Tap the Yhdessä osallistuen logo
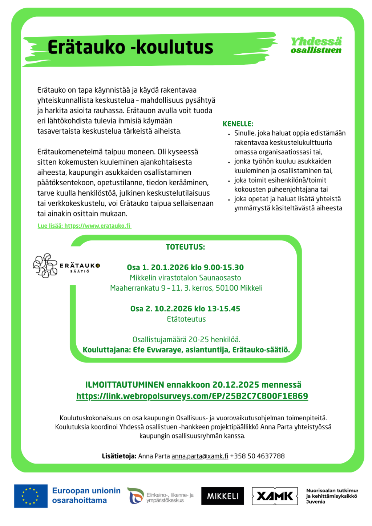coord(316,45)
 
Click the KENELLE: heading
coord(238,124)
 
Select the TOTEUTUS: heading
coord(185,247)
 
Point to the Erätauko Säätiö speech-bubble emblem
coord(45,266)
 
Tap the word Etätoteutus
coord(186,319)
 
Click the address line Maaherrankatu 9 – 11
coord(145,288)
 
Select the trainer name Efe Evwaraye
coord(157,350)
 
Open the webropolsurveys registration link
coord(192,396)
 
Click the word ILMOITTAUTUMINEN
coord(125,385)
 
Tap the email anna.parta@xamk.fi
coord(200,456)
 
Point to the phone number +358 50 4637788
coord(257,456)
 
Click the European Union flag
coord(31,496)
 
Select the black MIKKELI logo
coord(223,496)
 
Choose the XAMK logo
coord(275,496)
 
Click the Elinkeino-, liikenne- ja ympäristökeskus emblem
coord(136,496)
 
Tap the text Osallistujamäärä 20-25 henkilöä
coord(186,340)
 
